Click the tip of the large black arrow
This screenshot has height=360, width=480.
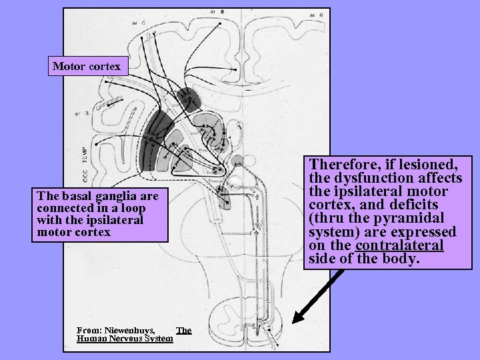pos(295,321)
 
